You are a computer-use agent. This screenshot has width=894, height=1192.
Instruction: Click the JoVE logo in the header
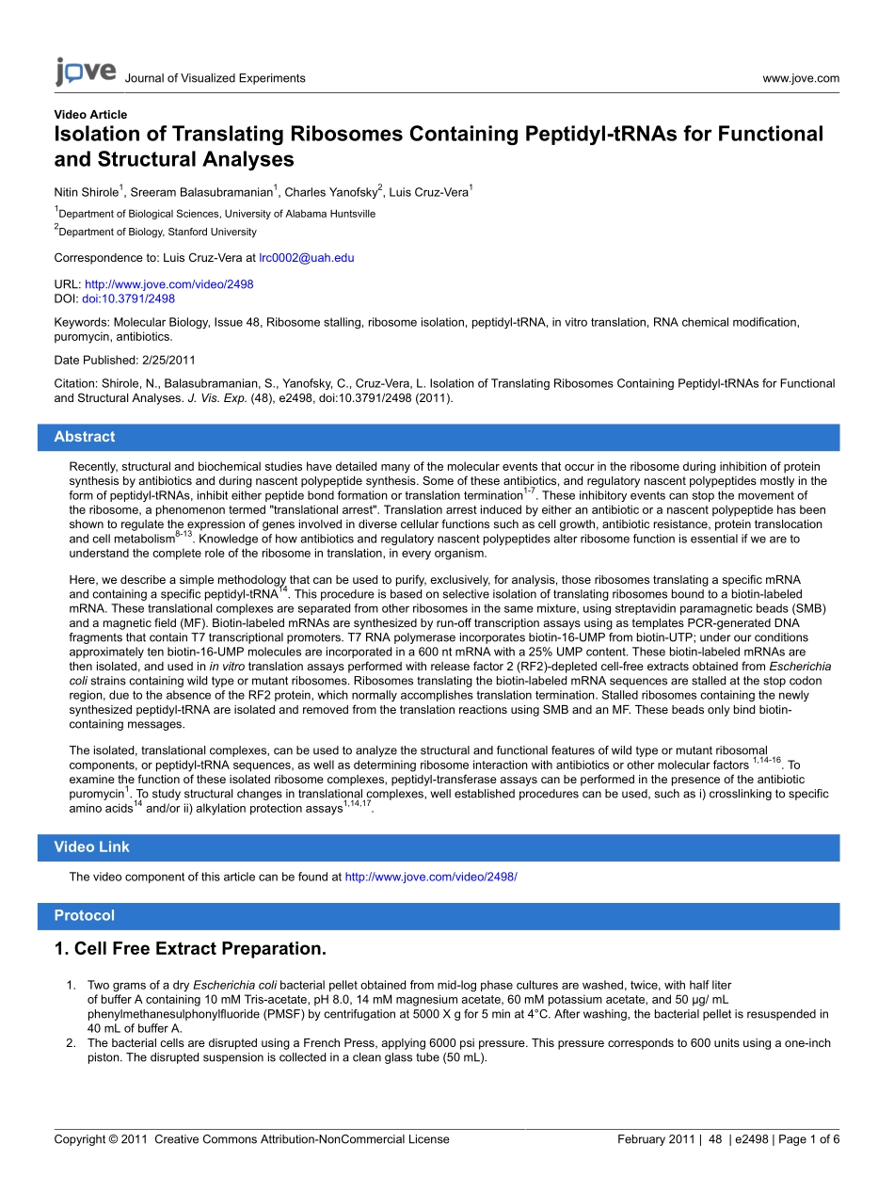pyautogui.click(x=86, y=72)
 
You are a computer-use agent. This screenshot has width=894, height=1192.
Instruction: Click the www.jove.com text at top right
pyautogui.click(x=801, y=78)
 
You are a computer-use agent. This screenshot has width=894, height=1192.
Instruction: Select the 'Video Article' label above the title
pyautogui.click(x=90, y=115)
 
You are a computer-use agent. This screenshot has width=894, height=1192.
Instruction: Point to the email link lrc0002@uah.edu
pyautogui.click(x=306, y=257)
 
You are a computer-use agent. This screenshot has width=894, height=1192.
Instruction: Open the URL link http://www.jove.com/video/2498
pyautogui.click(x=168, y=283)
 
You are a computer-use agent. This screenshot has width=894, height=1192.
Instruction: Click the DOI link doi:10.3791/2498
pyautogui.click(x=128, y=298)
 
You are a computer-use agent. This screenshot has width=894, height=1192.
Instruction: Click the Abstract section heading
pyautogui.click(x=85, y=437)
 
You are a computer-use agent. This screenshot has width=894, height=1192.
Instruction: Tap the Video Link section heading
pyautogui.click(x=91, y=847)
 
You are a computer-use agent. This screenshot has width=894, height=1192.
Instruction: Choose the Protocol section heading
pyautogui.click(x=84, y=915)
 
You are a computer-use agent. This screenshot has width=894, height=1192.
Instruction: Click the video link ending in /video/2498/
pyautogui.click(x=431, y=877)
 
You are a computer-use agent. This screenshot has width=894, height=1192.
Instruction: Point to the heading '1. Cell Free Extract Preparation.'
pyautogui.click(x=190, y=948)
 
